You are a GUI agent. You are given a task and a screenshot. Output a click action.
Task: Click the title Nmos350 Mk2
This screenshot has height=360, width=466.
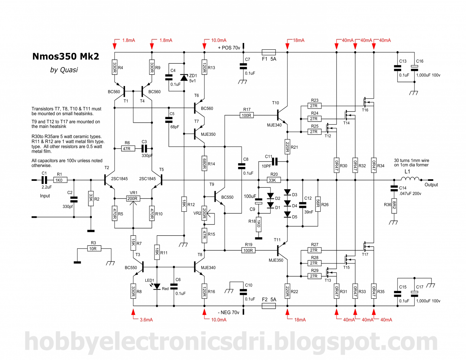tap(65, 56)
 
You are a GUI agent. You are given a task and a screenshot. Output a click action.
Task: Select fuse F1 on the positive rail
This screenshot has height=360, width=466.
tap(268, 52)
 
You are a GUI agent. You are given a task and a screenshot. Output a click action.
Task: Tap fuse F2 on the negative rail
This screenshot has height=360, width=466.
tap(268, 306)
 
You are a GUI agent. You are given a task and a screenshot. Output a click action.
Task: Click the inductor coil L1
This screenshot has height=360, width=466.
tap(410, 179)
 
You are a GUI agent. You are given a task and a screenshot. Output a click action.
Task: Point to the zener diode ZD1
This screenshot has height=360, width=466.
tap(184, 78)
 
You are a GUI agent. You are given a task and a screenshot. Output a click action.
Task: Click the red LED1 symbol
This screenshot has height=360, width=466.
tap(157, 287)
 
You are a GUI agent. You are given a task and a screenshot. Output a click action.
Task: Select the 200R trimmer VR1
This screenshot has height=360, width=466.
tap(132, 198)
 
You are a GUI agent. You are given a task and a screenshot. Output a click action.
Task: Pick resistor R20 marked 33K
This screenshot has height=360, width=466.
tap(272, 180)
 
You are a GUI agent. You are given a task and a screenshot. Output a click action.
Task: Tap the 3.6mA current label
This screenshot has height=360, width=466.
tap(146, 320)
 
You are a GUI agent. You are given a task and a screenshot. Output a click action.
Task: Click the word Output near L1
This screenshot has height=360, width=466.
tap(431, 185)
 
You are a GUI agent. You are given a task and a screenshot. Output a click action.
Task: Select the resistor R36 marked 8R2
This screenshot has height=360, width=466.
tap(394, 206)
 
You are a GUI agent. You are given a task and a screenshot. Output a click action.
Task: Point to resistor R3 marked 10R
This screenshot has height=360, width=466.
tap(93, 249)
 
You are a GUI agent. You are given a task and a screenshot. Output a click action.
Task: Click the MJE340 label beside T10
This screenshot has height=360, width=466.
tap(274, 125)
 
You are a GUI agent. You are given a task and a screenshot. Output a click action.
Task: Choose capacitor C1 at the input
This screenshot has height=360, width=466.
tap(44, 180)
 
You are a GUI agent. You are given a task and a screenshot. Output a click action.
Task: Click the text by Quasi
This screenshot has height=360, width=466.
tap(64, 70)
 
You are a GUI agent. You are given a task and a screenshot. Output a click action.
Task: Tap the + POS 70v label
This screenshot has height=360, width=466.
tap(229, 48)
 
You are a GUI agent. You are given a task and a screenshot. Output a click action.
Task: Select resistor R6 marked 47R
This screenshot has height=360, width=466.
tap(127, 148)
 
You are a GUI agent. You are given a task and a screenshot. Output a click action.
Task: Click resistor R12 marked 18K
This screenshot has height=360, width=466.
tap(184, 204)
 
